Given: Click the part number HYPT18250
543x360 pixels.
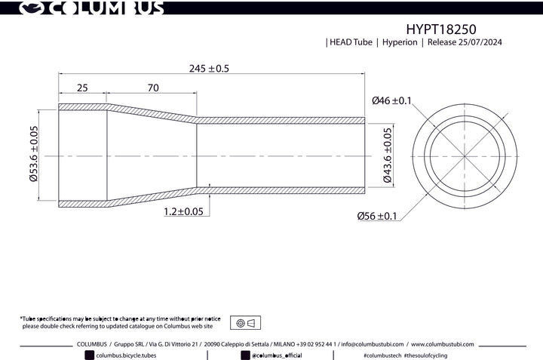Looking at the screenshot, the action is point(441,29).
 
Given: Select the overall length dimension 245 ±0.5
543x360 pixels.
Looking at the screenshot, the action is point(209,68).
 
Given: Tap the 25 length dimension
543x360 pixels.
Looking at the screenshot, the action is point(82,88).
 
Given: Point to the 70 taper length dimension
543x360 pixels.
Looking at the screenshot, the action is point(153,88).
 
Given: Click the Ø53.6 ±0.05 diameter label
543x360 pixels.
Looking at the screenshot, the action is point(34,153).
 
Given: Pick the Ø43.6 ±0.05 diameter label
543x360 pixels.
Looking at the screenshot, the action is point(388,155).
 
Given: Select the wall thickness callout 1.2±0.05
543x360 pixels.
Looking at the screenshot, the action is point(183,211).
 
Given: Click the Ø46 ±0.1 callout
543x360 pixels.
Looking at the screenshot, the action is point(391,100).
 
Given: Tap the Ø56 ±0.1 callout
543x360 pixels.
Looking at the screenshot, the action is point(377,216).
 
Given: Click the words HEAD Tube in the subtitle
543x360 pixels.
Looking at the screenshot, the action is point(351,42).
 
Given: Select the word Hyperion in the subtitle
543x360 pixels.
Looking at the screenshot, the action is point(400,42).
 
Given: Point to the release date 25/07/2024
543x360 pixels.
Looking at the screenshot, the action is point(480,42).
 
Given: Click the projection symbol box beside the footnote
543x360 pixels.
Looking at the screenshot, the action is point(246,323).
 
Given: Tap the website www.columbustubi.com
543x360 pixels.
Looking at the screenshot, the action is point(443,344).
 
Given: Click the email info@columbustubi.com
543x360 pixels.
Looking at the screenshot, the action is point(373,344).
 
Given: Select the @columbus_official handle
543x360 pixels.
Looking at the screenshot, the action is point(277,355).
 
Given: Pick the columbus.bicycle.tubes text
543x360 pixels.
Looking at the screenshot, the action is point(126,355).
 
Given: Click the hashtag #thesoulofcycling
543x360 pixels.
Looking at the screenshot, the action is point(425,355).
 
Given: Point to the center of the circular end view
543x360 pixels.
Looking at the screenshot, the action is point(465,157).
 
